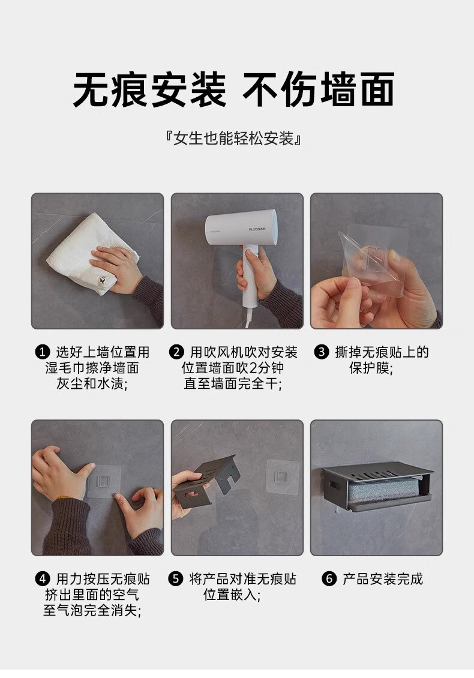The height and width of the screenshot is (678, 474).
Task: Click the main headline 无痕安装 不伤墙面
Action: [233, 89]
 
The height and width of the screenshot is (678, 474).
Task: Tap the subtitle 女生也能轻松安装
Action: [233, 139]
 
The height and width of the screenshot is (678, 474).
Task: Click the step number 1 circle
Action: [43, 352]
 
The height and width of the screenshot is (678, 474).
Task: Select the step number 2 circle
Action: [176, 352]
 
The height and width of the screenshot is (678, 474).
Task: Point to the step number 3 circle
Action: [322, 352]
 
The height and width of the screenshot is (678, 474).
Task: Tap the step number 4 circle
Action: [43, 578]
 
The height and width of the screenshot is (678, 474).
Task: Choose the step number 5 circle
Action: [176, 578]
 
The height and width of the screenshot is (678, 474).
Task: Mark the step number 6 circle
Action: [329, 578]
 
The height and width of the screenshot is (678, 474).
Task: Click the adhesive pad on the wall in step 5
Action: [281, 476]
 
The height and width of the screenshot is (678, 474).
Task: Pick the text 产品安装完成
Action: [383, 578]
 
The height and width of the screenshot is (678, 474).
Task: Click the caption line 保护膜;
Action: [371, 368]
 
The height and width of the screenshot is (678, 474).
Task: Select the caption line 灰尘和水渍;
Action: [92, 383]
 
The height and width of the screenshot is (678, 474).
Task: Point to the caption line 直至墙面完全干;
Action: [233, 383]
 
